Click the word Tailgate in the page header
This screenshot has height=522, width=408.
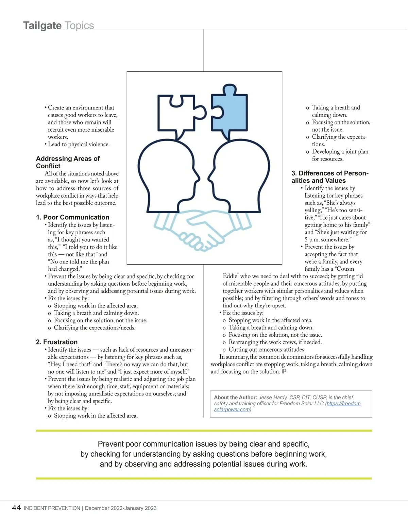coord(42,26)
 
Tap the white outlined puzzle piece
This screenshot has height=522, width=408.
coord(177,116)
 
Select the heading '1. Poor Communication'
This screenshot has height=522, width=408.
coord(72,217)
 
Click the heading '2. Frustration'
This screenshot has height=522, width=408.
coord(57,342)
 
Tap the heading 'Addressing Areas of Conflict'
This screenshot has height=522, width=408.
coord(68,162)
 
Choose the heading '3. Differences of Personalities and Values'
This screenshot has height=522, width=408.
coord(330,177)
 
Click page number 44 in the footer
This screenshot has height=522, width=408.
coord(16,508)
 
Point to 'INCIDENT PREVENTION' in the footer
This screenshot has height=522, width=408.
coord(52,508)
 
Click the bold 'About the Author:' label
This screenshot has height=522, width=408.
coord(235,398)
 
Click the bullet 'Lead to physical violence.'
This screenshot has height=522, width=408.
coord(79,145)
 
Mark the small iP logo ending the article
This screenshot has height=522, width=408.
coord(284,371)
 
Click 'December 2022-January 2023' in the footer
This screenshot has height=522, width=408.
coord(120,508)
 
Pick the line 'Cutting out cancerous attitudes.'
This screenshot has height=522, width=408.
coord(267,350)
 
